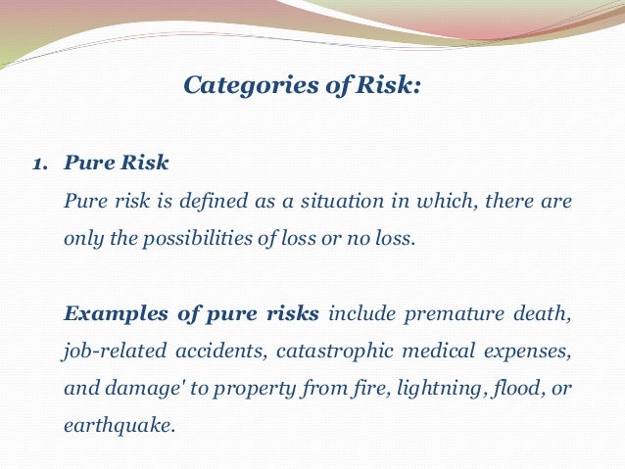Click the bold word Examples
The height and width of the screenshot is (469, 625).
(107, 314)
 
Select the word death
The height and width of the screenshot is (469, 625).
(544, 314)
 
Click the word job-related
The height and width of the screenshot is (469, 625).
(109, 352)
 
